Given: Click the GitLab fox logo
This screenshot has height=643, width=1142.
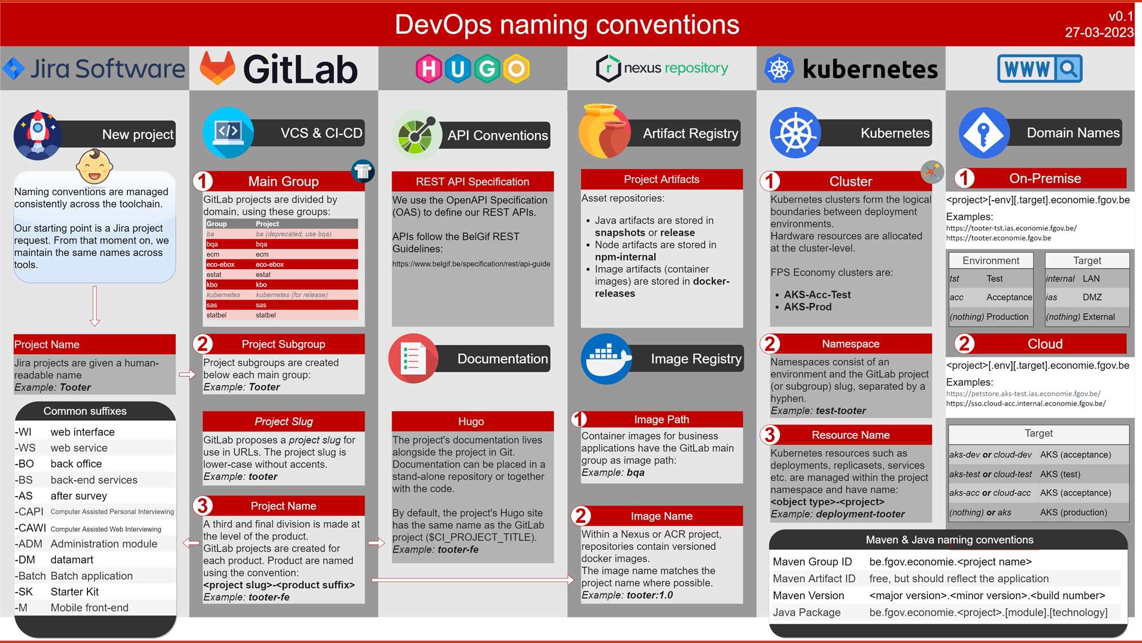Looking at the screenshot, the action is [218, 68].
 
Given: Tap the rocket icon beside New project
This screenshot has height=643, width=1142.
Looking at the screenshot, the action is [38, 134].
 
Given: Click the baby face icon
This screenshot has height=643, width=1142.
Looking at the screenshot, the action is [94, 166].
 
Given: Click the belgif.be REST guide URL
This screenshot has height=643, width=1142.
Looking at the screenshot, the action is [471, 264].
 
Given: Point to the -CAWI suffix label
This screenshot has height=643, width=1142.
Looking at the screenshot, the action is [30, 528].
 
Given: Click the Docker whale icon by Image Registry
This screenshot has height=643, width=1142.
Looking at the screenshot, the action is [606, 359].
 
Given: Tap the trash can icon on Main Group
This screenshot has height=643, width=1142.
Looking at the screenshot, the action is [363, 171].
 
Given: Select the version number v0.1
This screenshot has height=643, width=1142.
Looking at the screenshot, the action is [1120, 16].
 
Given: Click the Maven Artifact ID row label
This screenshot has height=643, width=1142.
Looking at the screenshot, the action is [814, 578].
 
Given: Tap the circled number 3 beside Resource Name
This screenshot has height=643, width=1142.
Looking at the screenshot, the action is [770, 435].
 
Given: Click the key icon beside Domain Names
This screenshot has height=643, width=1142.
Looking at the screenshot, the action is [984, 133].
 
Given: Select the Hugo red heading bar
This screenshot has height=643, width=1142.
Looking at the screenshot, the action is [472, 421].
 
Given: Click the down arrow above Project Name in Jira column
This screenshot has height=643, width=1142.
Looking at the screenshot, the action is [95, 306].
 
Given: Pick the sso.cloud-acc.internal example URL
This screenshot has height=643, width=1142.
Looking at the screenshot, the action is [1026, 404].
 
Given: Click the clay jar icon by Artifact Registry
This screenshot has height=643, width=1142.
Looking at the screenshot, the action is [604, 131].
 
